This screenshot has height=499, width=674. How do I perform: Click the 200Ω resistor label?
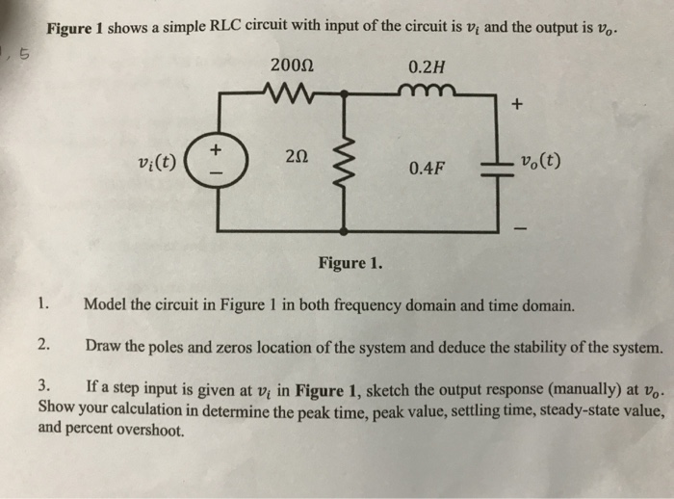(x=293, y=67)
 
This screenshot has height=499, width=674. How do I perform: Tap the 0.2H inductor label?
(x=427, y=67)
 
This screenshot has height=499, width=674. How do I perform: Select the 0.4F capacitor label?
(x=427, y=170)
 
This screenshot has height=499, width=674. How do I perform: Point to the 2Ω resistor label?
(x=296, y=160)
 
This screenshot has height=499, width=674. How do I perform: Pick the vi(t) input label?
(x=156, y=161)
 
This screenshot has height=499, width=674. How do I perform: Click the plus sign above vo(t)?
(x=517, y=108)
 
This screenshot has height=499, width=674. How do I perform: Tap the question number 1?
(x=44, y=305)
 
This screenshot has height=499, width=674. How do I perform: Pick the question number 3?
(x=44, y=386)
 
